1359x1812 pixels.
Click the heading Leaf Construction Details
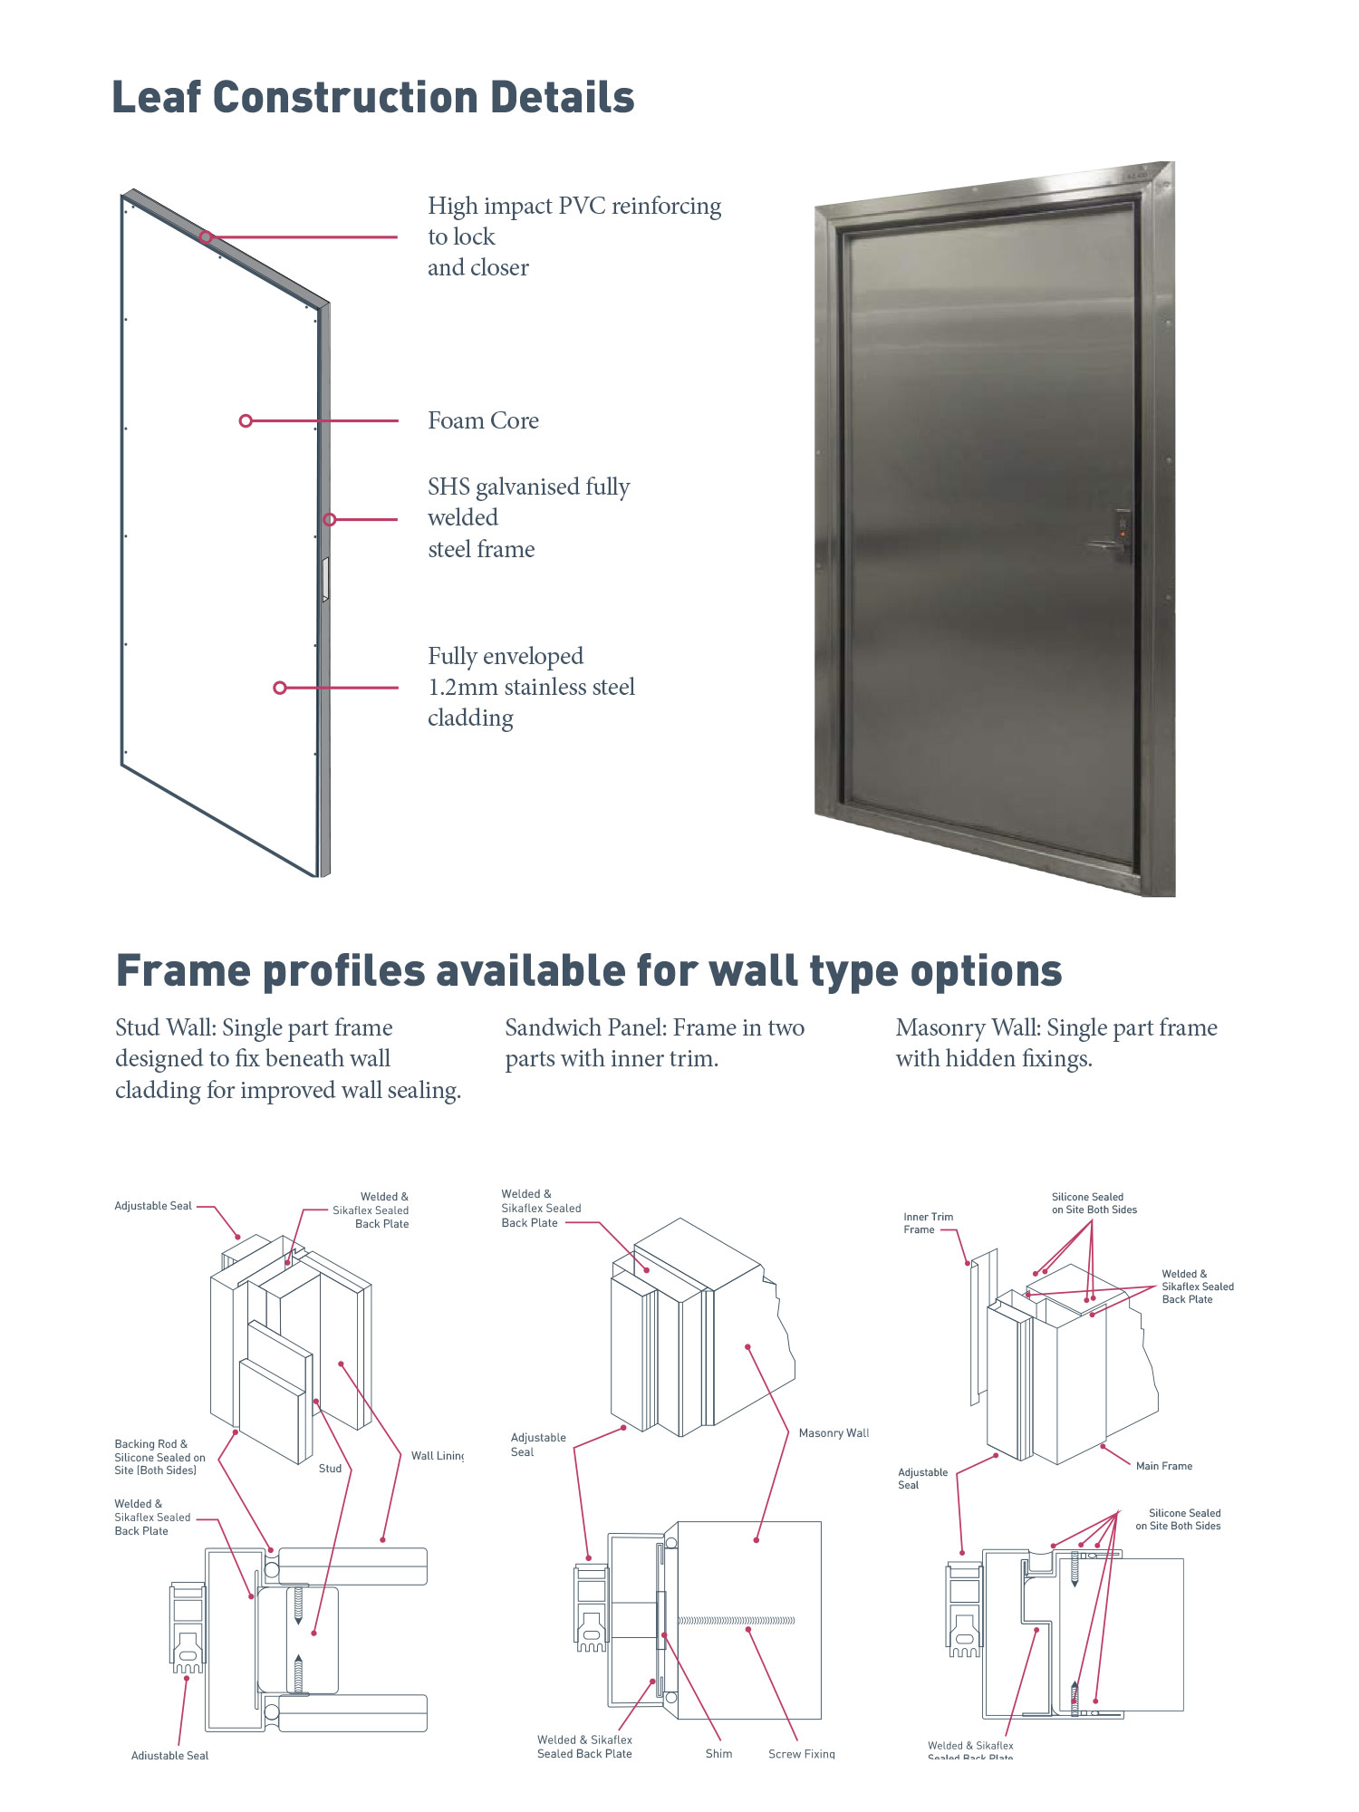point(372,98)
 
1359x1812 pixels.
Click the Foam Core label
point(483,421)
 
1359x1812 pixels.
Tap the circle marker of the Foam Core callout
point(246,421)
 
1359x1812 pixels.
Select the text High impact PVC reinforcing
point(574,207)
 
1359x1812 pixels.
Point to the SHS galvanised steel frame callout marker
point(330,519)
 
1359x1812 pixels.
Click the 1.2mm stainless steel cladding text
point(531,688)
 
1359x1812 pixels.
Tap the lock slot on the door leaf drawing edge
point(325,580)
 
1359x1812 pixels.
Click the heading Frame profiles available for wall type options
point(589,971)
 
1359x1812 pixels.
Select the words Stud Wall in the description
point(163,1028)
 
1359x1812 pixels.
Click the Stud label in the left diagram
point(330,1469)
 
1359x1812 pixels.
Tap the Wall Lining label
point(437,1456)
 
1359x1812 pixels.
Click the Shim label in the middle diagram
point(718,1754)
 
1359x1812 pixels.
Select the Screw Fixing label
point(801,1754)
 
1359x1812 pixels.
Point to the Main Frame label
point(1163,1466)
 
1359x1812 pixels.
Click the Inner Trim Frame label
point(927,1223)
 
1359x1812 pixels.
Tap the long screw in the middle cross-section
point(736,1620)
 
